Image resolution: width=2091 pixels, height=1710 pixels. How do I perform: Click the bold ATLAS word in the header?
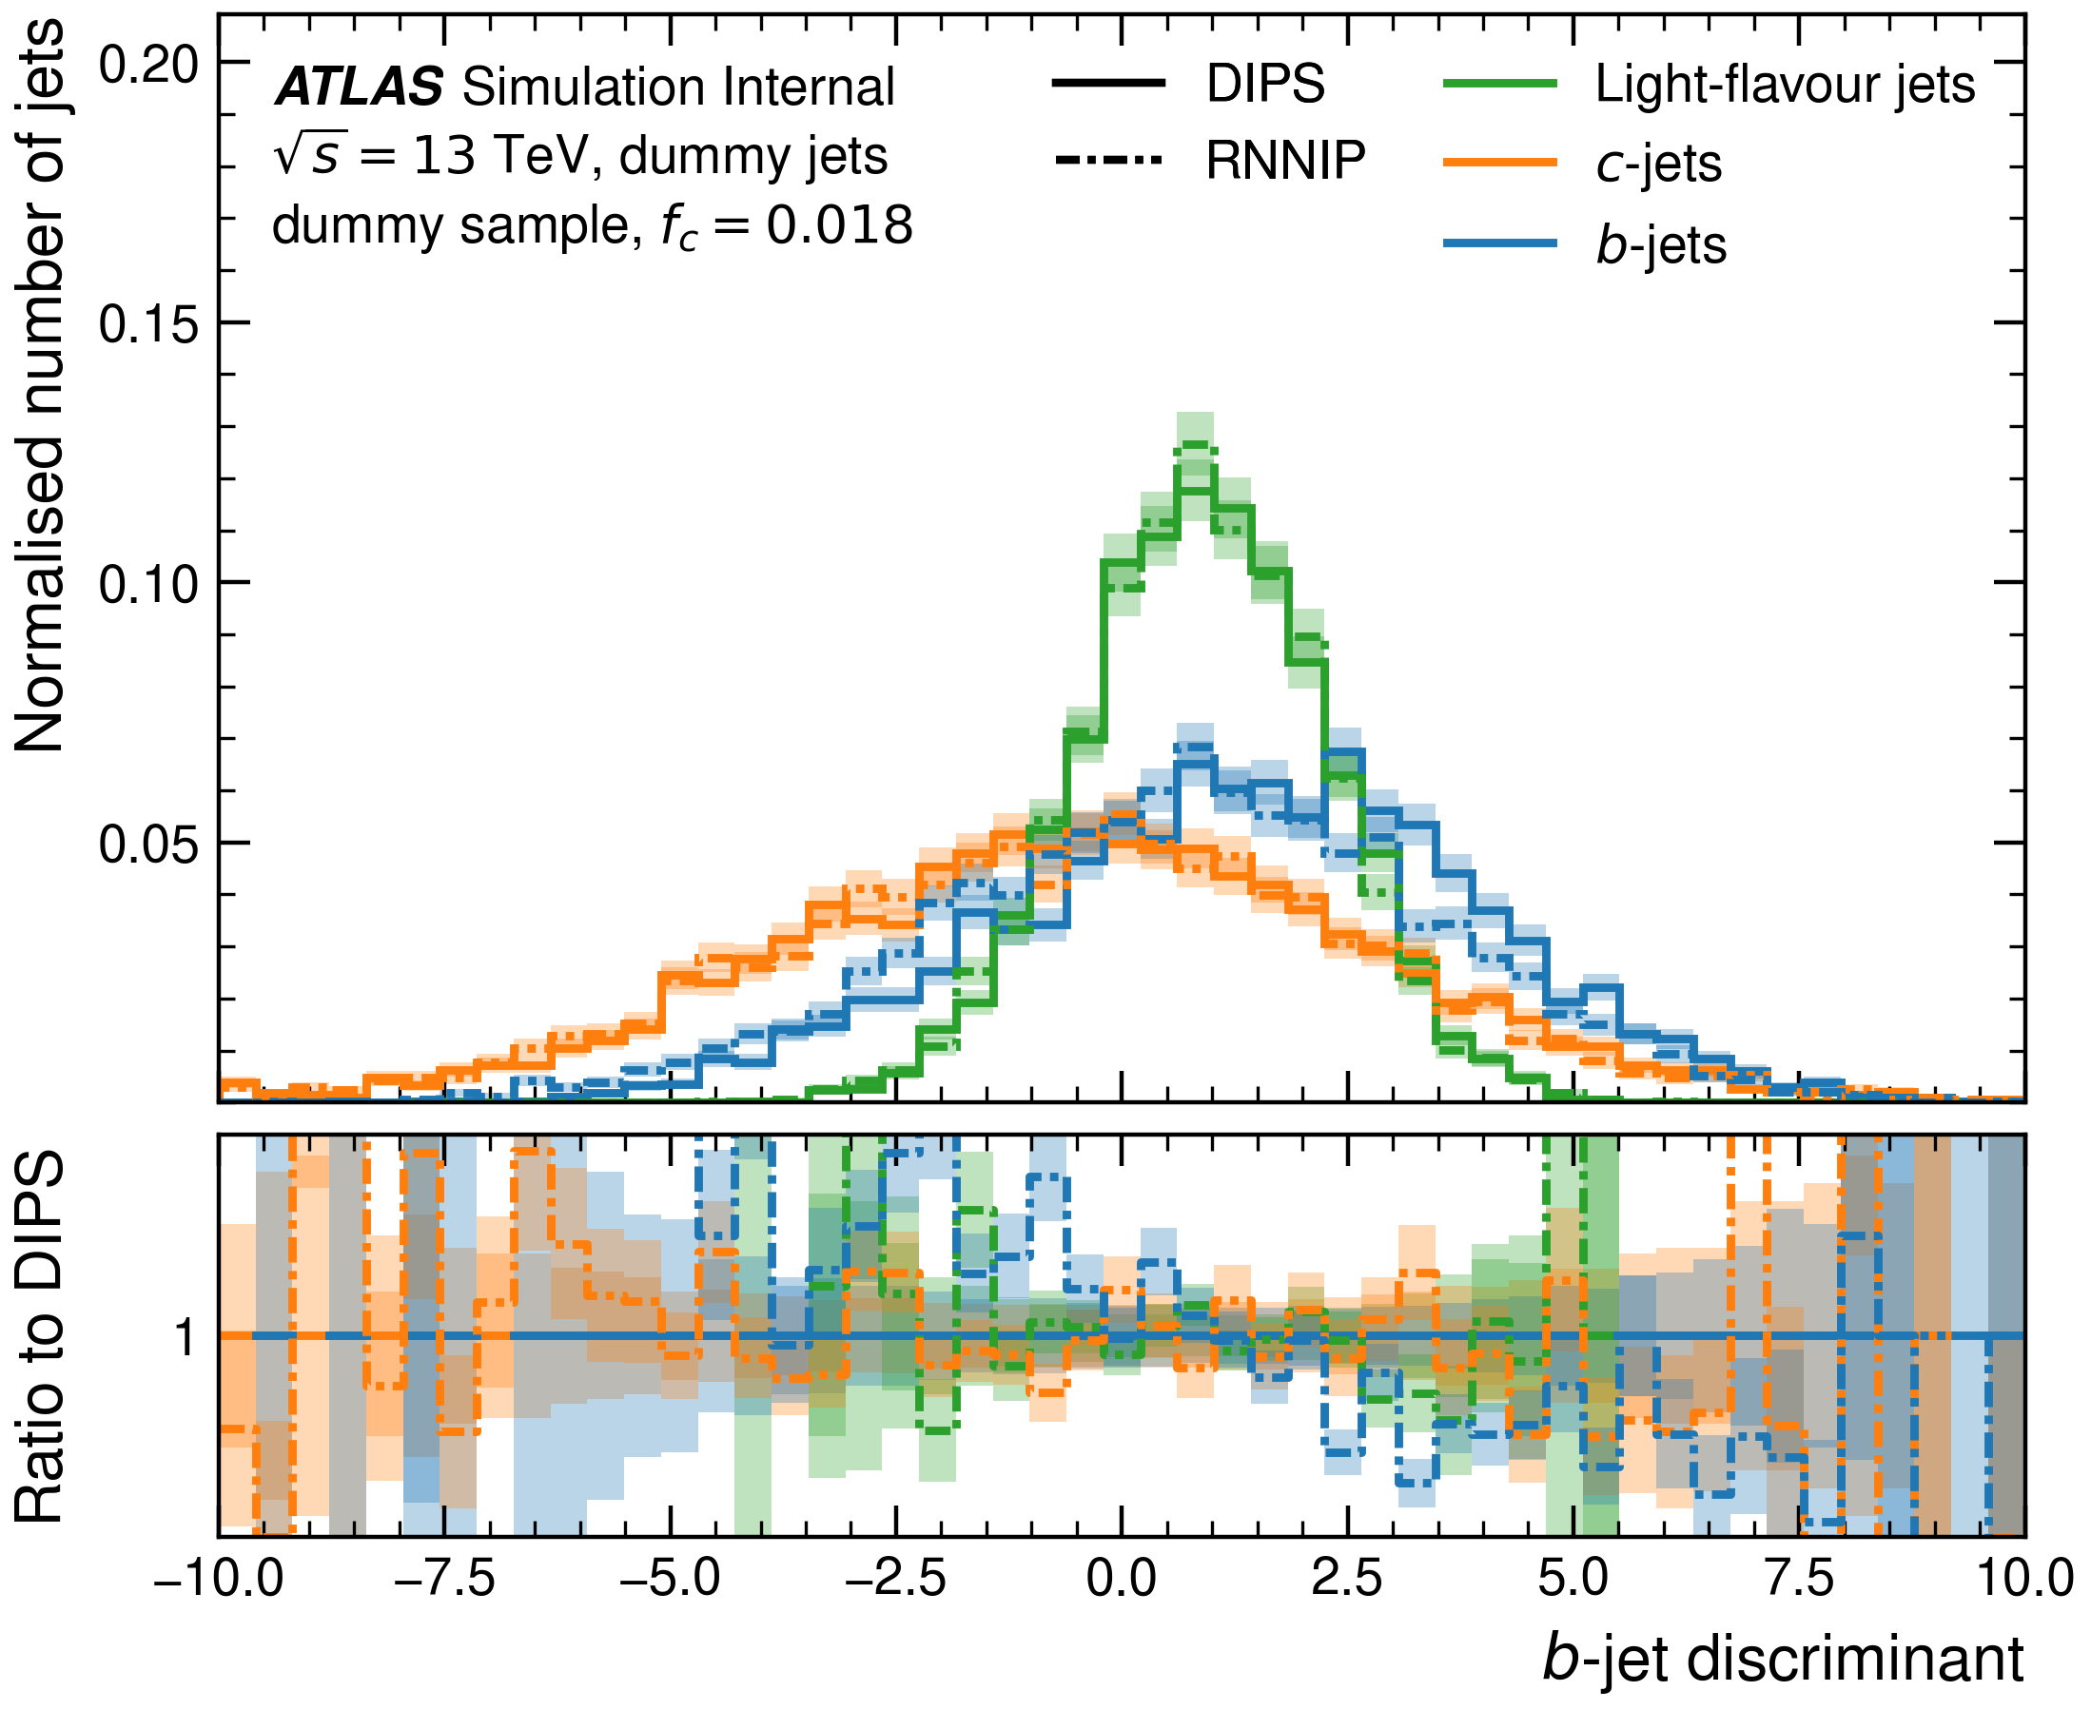(x=359, y=87)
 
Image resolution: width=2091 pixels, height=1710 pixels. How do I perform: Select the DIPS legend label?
(x=1265, y=84)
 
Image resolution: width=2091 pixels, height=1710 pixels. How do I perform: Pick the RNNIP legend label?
(x=1286, y=161)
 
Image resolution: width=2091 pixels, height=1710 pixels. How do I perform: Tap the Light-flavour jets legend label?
(x=1785, y=85)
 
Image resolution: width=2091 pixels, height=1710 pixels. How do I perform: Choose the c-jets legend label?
(x=1658, y=164)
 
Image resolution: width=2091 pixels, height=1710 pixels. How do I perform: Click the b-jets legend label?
(x=1661, y=245)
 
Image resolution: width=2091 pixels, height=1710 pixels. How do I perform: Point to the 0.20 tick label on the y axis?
(x=148, y=64)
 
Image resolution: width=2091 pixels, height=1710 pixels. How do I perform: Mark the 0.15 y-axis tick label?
(x=148, y=323)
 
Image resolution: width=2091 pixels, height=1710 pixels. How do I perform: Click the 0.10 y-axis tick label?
(x=148, y=583)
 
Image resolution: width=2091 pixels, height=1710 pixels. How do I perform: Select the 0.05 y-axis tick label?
(x=148, y=845)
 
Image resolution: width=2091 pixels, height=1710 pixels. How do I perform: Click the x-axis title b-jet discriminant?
(x=1783, y=1660)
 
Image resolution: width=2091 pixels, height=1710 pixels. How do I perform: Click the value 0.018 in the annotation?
(x=840, y=225)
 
